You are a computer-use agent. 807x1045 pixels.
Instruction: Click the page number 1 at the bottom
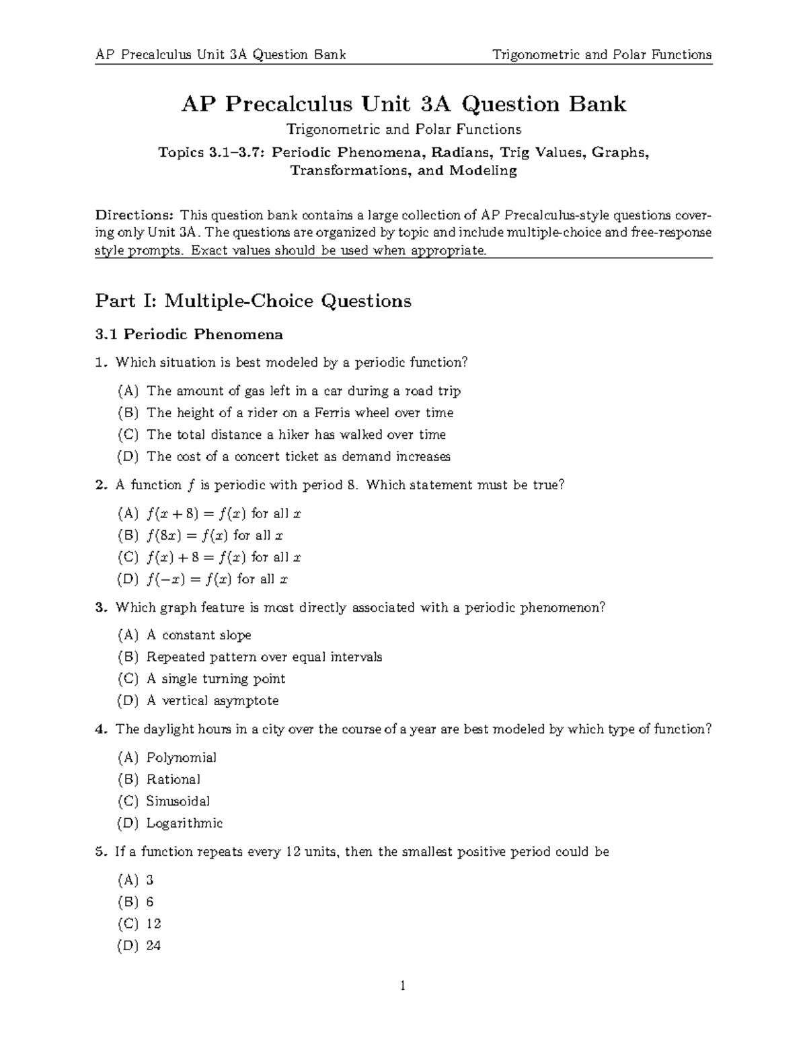403,986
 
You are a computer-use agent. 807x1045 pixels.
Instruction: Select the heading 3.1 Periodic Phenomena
189,334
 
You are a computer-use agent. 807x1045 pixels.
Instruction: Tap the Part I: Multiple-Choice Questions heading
253,301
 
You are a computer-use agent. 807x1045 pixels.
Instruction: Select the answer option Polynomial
182,758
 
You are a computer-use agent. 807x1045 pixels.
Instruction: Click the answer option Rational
174,779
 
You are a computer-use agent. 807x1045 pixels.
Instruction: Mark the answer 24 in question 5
153,945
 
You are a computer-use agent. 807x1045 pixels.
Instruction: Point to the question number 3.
100,608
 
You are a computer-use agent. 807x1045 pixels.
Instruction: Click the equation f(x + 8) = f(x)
196,514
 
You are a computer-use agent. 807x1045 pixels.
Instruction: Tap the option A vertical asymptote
212,700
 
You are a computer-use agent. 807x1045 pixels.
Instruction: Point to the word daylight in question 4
167,729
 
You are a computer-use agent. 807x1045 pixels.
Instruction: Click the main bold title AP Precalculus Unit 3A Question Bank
403,104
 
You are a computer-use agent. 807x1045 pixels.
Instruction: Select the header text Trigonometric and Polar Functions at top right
602,55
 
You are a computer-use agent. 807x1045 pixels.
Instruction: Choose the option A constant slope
198,635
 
